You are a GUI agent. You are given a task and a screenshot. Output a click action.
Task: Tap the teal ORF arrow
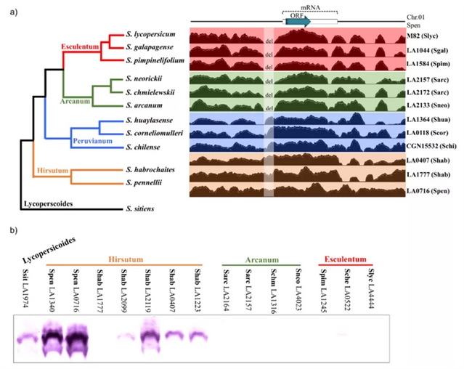(x=298, y=21)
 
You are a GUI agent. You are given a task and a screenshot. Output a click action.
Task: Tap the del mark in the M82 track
(x=268, y=38)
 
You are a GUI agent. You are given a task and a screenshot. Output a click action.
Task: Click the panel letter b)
(x=15, y=230)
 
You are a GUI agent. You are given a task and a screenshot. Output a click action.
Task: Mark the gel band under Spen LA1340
(x=53, y=337)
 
